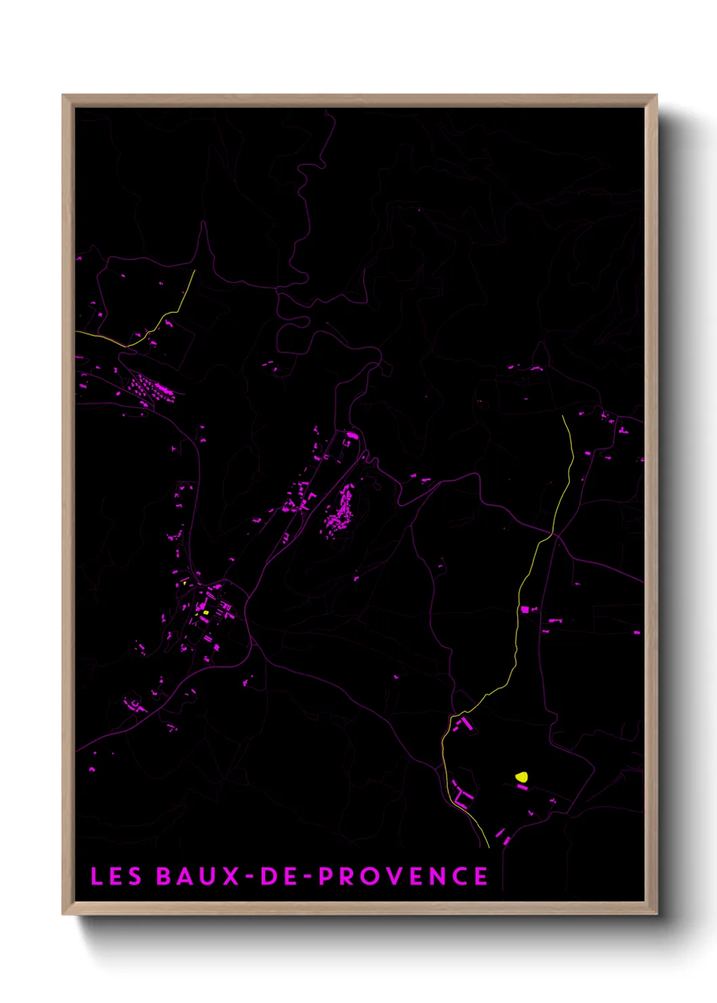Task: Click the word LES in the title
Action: (116, 876)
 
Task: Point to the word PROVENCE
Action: (403, 876)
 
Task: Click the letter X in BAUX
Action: (231, 876)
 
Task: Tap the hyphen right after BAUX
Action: (249, 877)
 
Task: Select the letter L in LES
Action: (96, 876)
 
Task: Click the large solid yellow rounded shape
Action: (521, 777)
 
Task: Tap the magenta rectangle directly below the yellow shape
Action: (522, 787)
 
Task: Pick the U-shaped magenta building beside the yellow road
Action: (463, 797)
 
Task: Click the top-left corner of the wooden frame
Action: (63, 96)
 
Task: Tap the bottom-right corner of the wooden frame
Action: (656, 914)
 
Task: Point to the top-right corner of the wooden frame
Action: (656, 96)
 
